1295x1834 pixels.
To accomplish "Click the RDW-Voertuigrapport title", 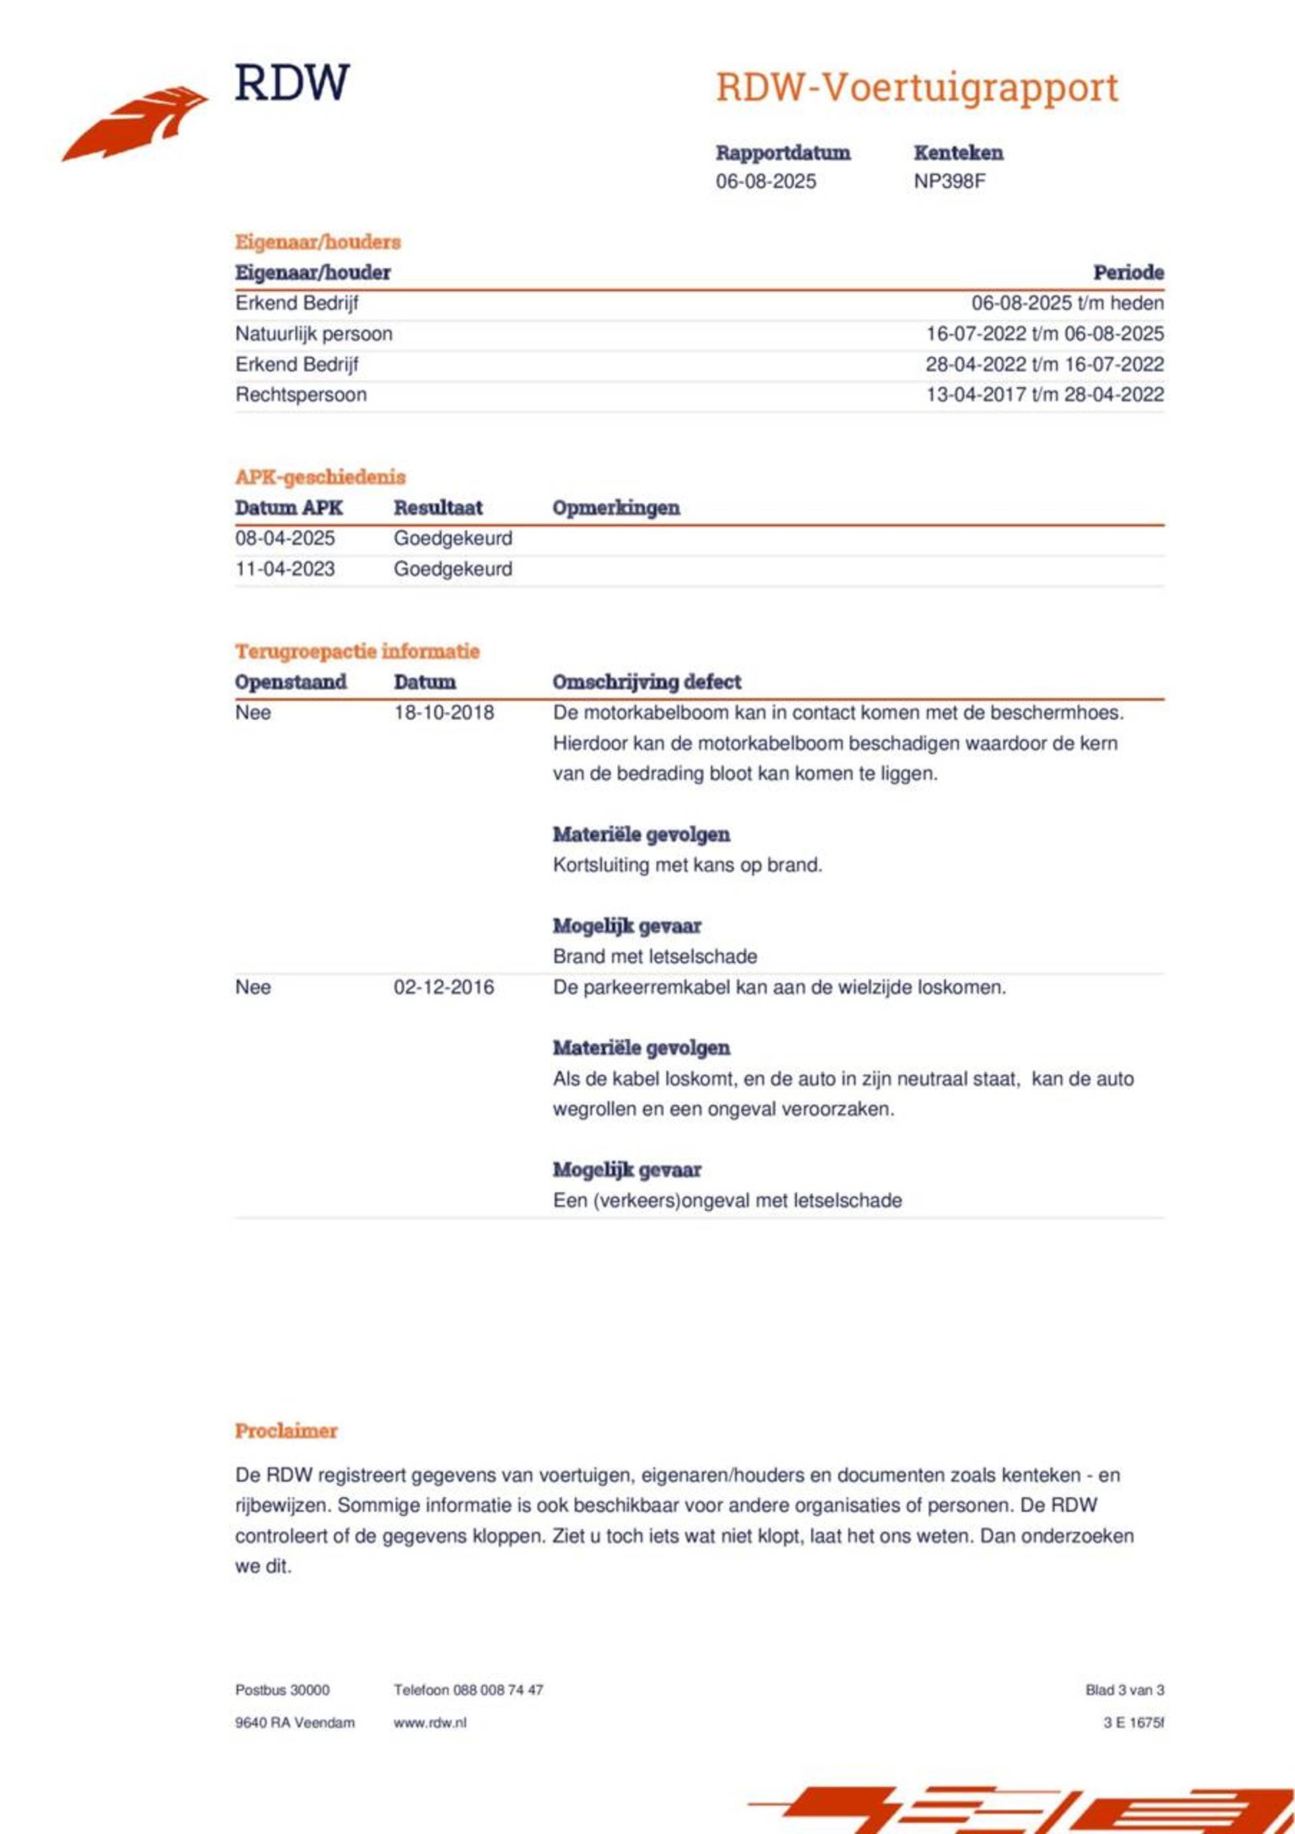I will [x=917, y=87].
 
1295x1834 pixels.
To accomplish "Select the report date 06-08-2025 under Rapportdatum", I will [x=766, y=181].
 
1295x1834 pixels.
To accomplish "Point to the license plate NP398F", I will [x=949, y=181].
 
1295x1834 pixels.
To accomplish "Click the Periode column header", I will [x=1128, y=273].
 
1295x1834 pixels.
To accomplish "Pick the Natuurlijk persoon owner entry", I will [x=313, y=334].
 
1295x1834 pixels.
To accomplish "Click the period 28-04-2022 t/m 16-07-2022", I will [x=1044, y=364].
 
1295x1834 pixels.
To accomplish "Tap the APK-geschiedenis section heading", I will [x=320, y=477].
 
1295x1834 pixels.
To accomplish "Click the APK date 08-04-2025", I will [x=285, y=538].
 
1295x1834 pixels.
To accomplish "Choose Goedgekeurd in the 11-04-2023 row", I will [x=453, y=569].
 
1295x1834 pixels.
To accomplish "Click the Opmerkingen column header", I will [x=616, y=508].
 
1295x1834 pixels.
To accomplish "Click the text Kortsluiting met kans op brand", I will [x=687, y=865].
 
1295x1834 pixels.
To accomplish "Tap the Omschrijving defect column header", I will [x=646, y=682].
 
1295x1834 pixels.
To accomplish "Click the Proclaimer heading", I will [x=286, y=1431].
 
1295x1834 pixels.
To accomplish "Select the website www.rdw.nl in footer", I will [x=430, y=1722].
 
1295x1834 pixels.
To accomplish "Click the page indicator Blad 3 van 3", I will [x=1124, y=1690].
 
